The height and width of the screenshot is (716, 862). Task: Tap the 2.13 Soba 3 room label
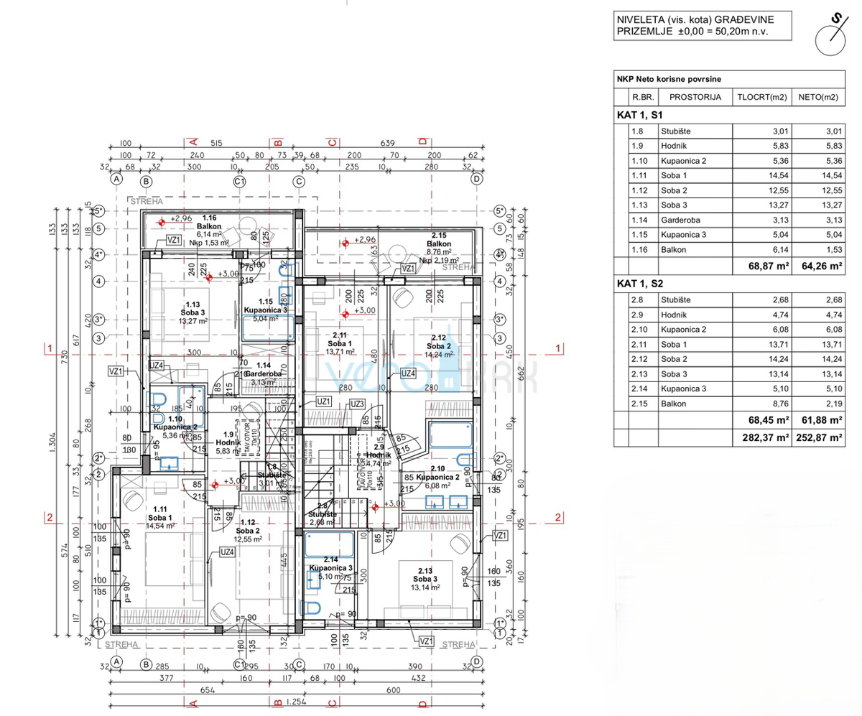[x=425, y=579]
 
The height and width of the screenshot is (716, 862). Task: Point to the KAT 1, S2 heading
[x=642, y=283]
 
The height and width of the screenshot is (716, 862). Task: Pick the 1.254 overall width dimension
[x=294, y=702]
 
